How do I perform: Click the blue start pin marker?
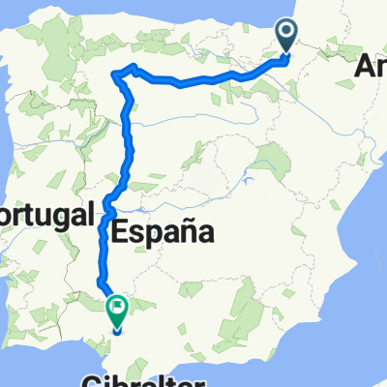coord(289,39)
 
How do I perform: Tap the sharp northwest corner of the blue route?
coord(116,74)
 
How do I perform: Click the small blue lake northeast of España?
coord(249,180)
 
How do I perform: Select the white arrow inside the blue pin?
coord(289,35)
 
